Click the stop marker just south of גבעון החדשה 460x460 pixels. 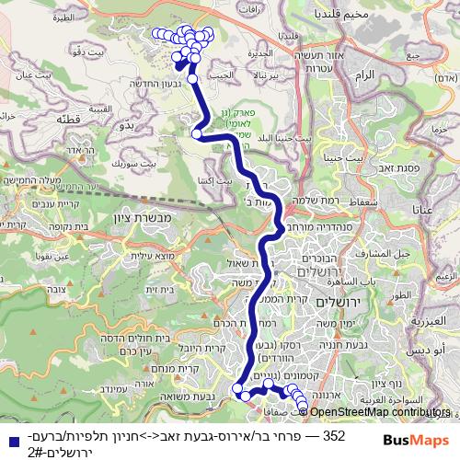tap(193, 79)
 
